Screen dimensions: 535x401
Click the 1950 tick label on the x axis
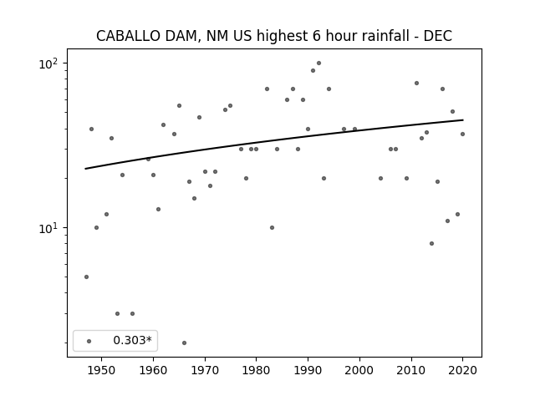[101, 371]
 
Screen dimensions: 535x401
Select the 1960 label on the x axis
[153, 371]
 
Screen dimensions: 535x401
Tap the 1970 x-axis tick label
[205, 371]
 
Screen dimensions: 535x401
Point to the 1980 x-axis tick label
[257, 371]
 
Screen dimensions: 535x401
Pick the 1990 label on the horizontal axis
[308, 371]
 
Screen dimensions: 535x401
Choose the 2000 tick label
[359, 371]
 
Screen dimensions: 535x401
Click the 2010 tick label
[410, 371]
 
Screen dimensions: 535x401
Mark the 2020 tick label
[462, 371]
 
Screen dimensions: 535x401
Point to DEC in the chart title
[438, 36]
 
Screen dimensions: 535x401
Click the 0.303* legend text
[132, 340]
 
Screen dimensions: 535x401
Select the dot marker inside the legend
[89, 341]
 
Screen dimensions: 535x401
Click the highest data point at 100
[318, 63]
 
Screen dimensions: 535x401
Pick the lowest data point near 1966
[184, 343]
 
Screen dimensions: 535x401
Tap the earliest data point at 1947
[86, 277]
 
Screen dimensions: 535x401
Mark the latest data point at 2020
[462, 134]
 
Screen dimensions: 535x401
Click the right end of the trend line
[463, 119]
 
